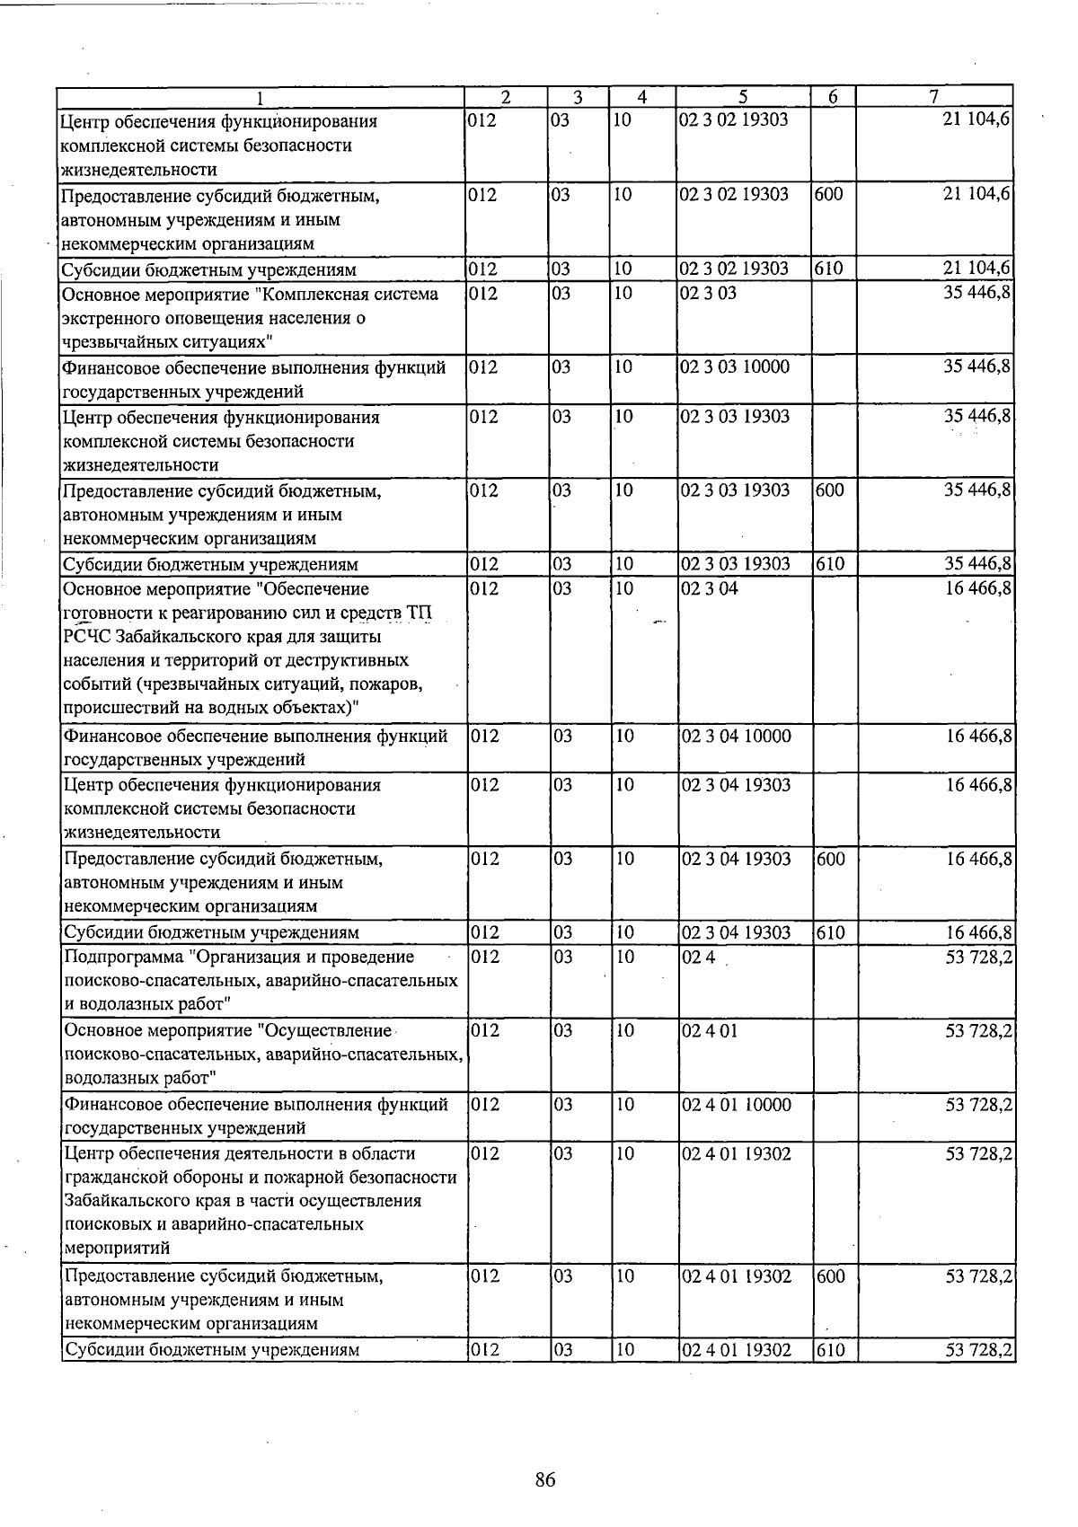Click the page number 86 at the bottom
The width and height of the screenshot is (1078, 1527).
544,1480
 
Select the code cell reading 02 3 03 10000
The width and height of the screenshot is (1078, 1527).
736,367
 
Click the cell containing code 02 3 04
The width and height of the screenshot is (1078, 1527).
710,589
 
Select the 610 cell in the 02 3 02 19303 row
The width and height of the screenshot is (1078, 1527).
830,269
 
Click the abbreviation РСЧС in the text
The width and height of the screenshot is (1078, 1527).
87,637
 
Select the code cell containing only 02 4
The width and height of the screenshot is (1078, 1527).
698,958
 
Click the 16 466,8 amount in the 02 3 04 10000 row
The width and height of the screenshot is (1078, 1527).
979,737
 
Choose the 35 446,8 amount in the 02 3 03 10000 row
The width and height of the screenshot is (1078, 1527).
979,367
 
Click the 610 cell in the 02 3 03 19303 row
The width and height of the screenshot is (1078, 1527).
830,564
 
